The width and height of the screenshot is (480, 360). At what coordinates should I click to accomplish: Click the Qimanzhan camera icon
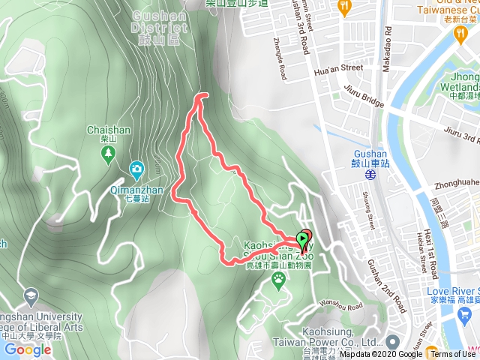[x=136, y=169]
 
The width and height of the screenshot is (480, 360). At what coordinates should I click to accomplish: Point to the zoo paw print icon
[x=279, y=280]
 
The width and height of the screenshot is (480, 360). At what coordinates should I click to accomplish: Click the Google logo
[x=27, y=349]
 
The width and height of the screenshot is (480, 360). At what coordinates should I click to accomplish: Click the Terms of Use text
[x=452, y=354]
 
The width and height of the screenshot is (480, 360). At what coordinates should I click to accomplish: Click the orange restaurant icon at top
[x=344, y=7]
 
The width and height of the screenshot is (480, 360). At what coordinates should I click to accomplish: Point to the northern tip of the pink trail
[x=201, y=96]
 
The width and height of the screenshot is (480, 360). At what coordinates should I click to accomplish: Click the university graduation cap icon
[x=31, y=295]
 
